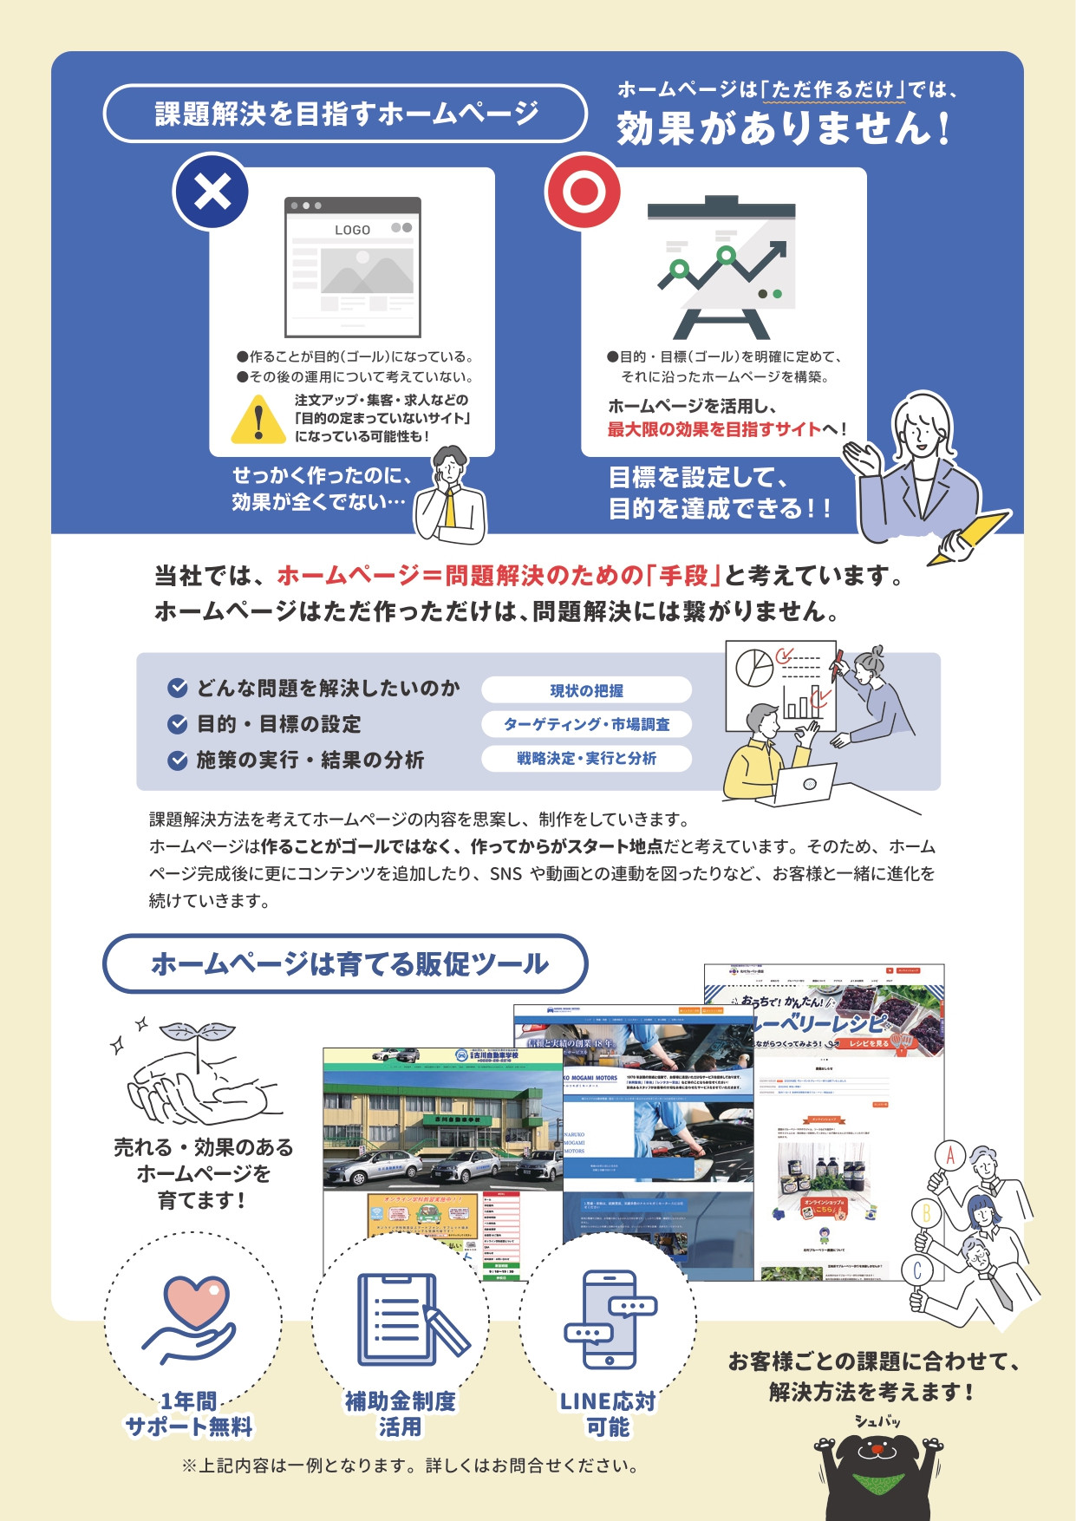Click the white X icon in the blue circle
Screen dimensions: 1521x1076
(212, 192)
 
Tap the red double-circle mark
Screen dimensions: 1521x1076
(583, 192)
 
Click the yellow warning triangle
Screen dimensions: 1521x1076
(258, 419)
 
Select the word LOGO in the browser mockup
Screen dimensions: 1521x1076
(352, 230)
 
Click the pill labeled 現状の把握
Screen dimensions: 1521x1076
(586, 690)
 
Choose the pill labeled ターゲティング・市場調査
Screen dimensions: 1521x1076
(586, 724)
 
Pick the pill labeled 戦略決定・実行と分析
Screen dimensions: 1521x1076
(586, 758)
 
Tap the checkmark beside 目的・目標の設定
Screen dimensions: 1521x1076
(178, 724)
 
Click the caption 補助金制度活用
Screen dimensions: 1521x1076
(400, 1413)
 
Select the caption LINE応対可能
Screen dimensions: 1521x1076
(608, 1413)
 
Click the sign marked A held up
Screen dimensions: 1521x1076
(950, 1156)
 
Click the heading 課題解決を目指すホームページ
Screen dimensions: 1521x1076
(346, 114)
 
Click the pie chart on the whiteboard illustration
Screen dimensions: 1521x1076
(754, 668)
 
